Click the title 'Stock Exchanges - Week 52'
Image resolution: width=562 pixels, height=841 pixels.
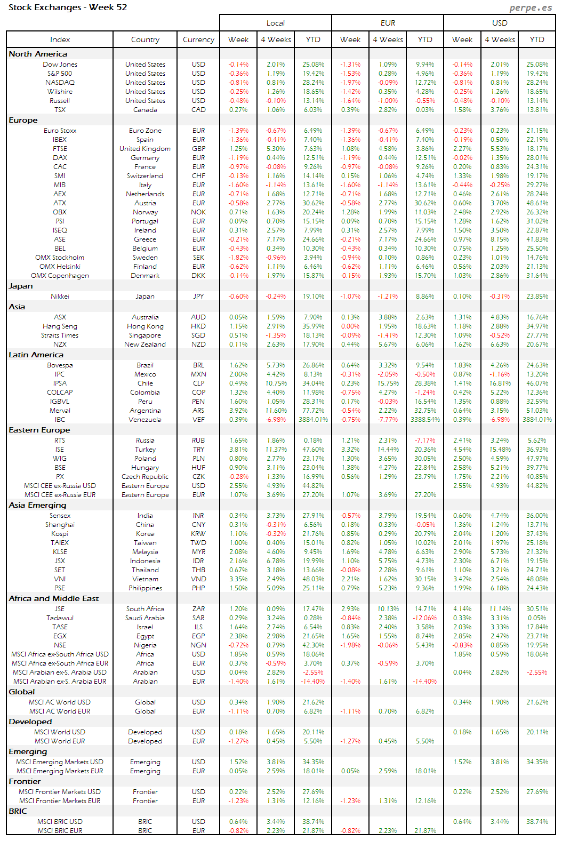pos(68,7)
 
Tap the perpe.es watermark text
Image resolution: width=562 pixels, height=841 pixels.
pos(530,7)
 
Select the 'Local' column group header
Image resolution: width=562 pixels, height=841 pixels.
pos(275,23)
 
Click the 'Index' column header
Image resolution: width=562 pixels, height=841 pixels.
pos(60,39)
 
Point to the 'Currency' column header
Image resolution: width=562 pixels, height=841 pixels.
pos(198,39)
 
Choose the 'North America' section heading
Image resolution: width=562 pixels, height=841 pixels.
pos(38,54)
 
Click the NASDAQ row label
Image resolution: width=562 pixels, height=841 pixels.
pos(60,83)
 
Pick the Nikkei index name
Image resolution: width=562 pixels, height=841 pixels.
pos(60,297)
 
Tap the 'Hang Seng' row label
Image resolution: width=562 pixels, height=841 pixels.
pos(60,326)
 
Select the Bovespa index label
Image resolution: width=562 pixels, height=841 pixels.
pos(60,365)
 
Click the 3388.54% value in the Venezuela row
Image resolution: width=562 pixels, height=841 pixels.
pos(425,420)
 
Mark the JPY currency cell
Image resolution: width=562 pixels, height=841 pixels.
pos(198,297)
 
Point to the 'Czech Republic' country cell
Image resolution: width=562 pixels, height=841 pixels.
pos(145,477)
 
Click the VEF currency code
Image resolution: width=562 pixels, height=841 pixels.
pos(198,420)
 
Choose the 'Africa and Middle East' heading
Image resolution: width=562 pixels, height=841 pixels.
pos(54,598)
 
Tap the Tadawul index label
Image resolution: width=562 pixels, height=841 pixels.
pos(60,618)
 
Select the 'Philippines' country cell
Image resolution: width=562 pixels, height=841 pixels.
pos(145,588)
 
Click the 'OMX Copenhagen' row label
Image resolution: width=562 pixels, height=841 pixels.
pos(60,276)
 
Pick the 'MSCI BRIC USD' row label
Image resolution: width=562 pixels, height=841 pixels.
pos(60,822)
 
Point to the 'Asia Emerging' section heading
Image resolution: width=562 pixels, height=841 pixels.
pos(37,505)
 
